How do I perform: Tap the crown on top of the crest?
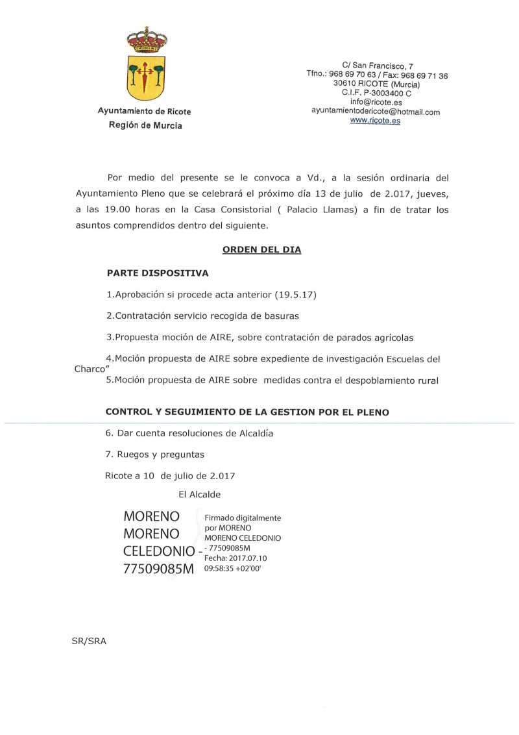coord(147,40)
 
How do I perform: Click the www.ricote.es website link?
coord(375,121)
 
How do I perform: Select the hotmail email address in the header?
coord(376,112)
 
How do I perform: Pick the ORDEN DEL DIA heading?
coord(261,249)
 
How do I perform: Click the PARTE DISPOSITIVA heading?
coord(158,273)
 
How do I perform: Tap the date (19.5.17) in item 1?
coord(295,295)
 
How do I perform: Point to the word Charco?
coord(91,368)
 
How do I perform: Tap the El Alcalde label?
coord(199,495)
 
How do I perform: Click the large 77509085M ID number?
coord(159,569)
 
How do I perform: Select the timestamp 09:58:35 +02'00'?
coord(232,567)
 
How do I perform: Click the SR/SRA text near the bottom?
coord(89,641)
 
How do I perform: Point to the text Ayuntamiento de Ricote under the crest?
coord(144,111)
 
